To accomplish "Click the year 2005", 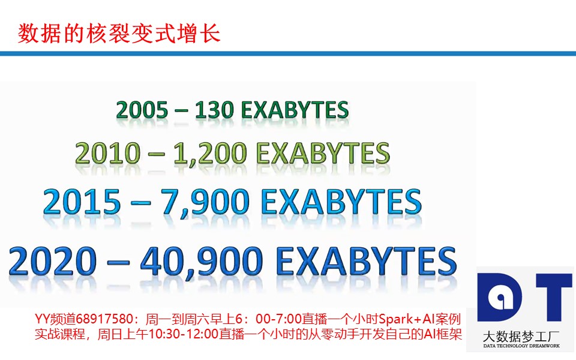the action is [x=142, y=110].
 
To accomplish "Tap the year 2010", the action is [x=107, y=153].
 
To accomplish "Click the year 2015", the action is [x=82, y=202].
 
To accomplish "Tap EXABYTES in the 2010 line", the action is [x=323, y=153].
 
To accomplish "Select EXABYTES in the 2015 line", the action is [x=341, y=202].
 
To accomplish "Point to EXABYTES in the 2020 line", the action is [x=366, y=261].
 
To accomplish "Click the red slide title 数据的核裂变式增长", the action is [x=119, y=34].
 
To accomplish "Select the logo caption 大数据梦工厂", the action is [x=521, y=337].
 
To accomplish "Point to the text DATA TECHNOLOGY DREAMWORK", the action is [x=521, y=346].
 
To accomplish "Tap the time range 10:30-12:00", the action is [x=184, y=334].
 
